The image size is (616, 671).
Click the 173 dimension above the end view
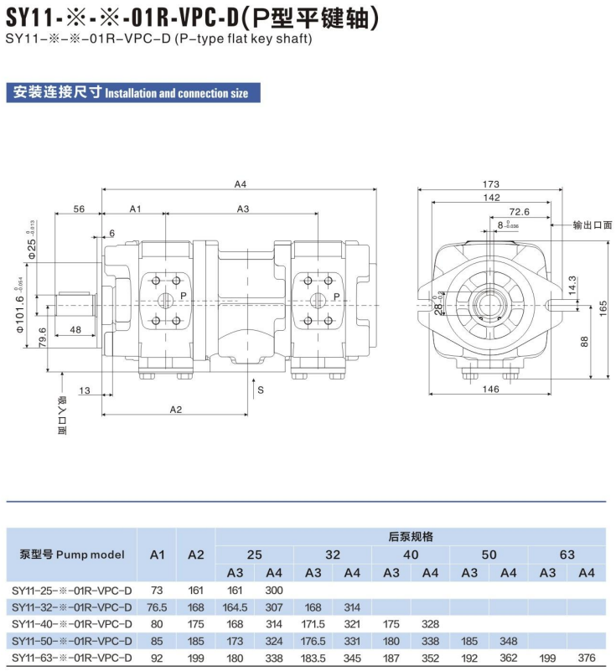click(x=490, y=184)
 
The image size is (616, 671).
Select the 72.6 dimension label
click(x=520, y=212)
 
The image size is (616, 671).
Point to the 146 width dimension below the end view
click(x=490, y=389)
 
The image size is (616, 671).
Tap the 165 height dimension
click(x=603, y=308)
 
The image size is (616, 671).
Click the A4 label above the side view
click(x=241, y=184)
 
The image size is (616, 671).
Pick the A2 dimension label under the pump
click(x=176, y=410)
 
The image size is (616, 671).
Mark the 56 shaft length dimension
click(x=79, y=209)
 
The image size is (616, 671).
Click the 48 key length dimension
click(x=75, y=329)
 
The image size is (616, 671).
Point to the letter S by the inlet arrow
click(x=261, y=390)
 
